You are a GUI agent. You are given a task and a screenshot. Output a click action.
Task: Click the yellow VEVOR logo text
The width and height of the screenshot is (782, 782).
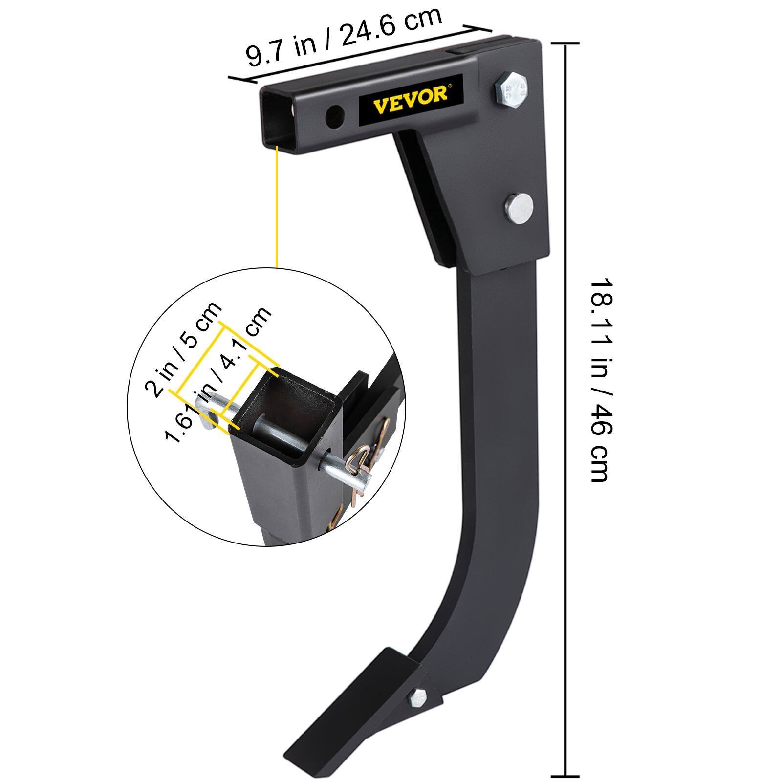(410, 93)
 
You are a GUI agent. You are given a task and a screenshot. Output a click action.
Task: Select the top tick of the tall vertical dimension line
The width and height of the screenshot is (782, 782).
(565, 43)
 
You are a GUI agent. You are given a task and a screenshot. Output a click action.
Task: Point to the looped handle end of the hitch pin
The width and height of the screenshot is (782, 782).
(205, 411)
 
